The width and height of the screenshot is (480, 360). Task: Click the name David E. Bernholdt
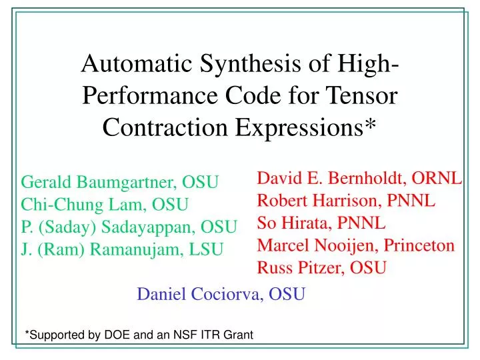333,177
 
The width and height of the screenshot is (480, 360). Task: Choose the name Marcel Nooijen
310,245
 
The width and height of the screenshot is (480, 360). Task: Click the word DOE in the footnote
116,335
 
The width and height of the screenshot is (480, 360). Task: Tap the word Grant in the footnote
237,335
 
